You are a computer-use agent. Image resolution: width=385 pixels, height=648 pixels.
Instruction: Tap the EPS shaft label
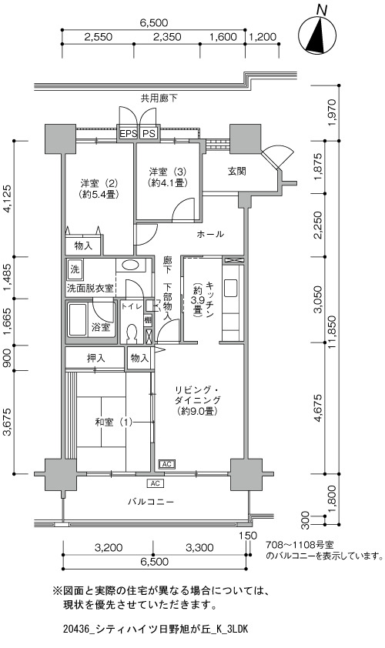click(x=127, y=133)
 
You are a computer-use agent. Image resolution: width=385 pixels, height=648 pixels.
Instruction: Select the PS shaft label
click(x=149, y=133)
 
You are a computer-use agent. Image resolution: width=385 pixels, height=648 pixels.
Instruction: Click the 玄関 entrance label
click(x=236, y=171)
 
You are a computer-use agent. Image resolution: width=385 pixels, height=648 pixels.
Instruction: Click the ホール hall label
click(x=210, y=234)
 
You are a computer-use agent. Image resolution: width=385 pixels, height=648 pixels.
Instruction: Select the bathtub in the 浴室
click(x=77, y=321)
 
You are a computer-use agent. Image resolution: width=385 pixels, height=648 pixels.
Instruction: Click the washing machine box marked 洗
click(x=75, y=270)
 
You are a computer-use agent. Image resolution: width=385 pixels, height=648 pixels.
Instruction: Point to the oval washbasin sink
click(x=131, y=265)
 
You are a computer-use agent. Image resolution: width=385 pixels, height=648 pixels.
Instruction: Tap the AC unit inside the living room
click(x=166, y=464)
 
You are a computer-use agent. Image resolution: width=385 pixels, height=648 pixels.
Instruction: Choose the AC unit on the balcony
click(x=155, y=483)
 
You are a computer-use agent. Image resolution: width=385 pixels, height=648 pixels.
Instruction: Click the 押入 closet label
click(x=95, y=358)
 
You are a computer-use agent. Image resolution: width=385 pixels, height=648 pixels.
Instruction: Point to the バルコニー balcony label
click(x=150, y=502)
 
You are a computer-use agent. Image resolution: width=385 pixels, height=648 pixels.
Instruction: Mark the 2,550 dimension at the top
click(x=98, y=37)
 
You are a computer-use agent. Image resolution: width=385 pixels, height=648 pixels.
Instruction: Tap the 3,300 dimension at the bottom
click(x=199, y=548)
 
